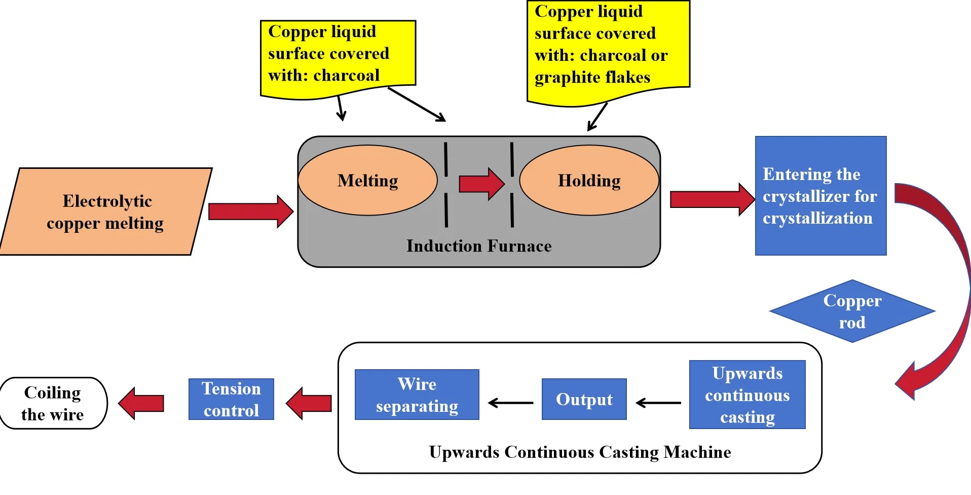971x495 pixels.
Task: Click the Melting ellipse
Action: (367, 181)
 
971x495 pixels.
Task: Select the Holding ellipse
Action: (589, 181)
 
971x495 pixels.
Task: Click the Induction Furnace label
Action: (478, 246)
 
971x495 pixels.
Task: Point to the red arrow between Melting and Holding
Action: (481, 184)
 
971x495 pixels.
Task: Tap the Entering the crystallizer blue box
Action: (820, 196)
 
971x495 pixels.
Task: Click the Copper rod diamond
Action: (852, 311)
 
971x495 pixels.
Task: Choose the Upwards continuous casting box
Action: (747, 395)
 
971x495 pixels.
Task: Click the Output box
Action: (584, 399)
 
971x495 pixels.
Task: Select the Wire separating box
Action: (417, 395)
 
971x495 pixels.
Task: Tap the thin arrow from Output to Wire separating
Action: (510, 403)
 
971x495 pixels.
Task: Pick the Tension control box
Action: (231, 399)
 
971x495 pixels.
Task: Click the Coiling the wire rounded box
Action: (53, 403)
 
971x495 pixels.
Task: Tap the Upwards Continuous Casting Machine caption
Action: (580, 452)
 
